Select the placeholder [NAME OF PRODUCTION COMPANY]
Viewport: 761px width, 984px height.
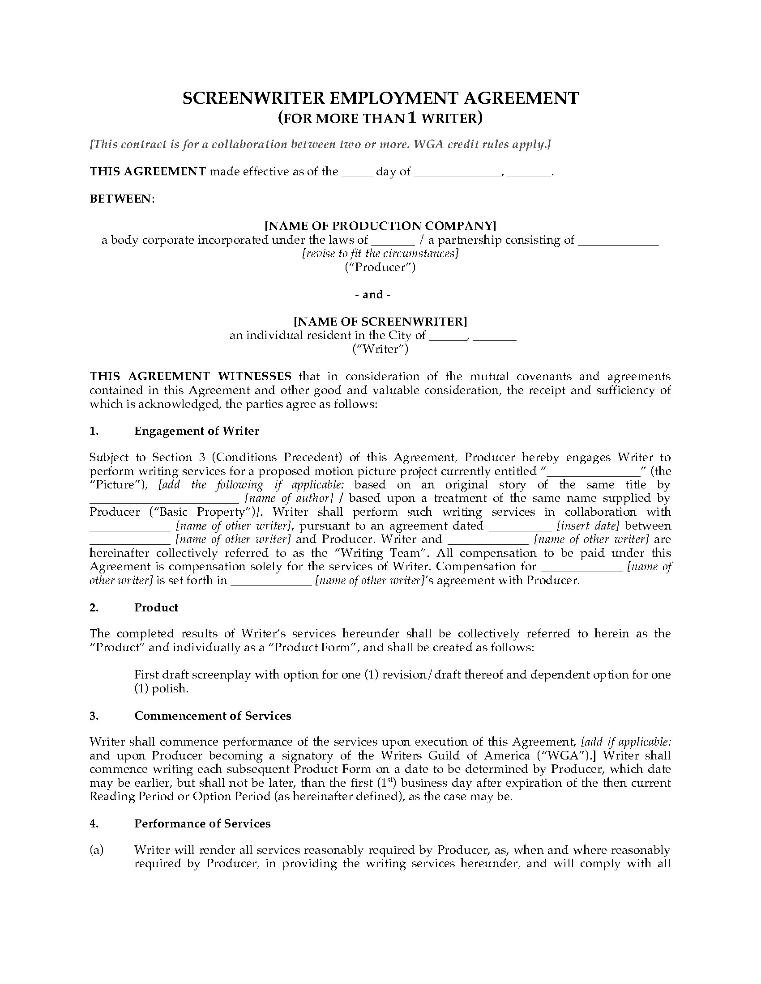(x=380, y=226)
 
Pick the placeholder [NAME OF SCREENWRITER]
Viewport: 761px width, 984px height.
(x=380, y=321)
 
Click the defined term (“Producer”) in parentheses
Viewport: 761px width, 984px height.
(x=380, y=267)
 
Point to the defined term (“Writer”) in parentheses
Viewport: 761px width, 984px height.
(x=380, y=349)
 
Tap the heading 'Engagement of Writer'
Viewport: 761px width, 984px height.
(x=197, y=431)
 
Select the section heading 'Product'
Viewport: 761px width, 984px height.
(x=156, y=607)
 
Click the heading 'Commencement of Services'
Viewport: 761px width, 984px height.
(x=212, y=716)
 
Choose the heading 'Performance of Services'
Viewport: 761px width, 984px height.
(x=202, y=823)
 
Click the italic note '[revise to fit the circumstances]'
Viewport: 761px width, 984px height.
(x=380, y=254)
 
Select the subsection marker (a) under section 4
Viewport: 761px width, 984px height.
(x=97, y=850)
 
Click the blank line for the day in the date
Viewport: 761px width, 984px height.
(x=357, y=174)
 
